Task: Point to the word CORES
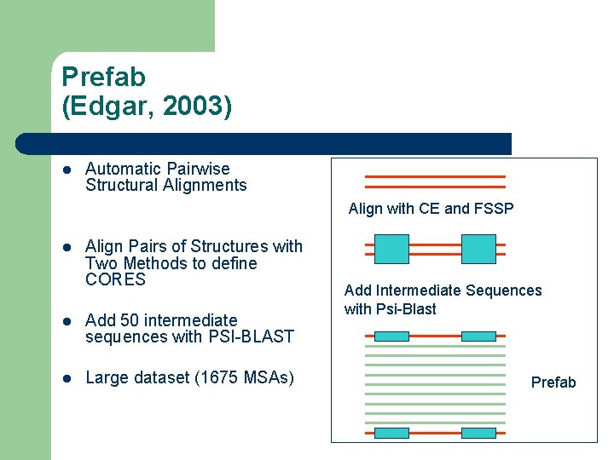point(116,280)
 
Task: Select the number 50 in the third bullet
point(130,320)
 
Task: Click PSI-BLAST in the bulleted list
point(252,336)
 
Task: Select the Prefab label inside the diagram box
point(553,382)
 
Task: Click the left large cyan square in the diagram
point(392,249)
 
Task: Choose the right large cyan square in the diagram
point(478,249)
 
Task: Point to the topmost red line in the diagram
point(435,176)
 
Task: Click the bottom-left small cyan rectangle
point(392,433)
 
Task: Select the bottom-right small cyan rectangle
point(478,433)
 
